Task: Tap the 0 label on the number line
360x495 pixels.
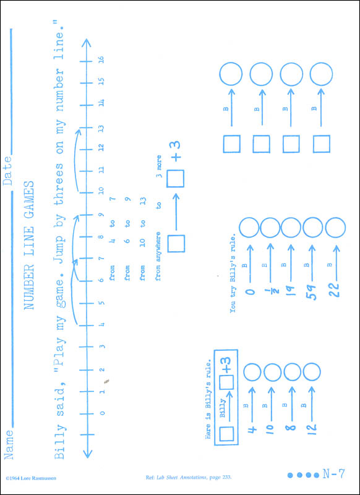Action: coord(101,413)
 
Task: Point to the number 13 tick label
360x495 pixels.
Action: coord(101,128)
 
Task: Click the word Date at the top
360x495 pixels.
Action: coord(7,171)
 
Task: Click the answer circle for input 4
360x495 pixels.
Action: coord(252,372)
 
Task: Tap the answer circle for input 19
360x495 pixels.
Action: coord(291,228)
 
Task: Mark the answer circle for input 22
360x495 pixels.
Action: coord(335,228)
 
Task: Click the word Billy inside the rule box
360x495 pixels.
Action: coord(223,408)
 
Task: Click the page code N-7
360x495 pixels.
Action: coord(334,474)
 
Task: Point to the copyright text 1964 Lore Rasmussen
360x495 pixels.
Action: coord(31,478)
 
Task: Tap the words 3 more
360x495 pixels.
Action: coord(160,166)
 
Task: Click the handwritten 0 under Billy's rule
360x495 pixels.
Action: coord(251,290)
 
